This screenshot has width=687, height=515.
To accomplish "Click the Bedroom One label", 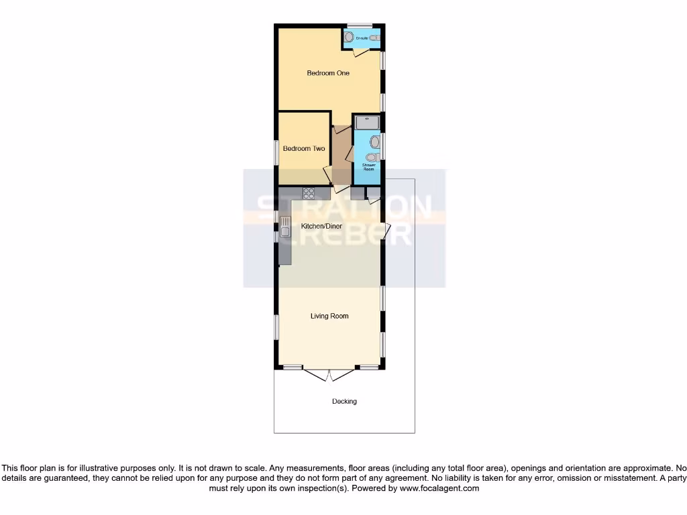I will click(x=328, y=73).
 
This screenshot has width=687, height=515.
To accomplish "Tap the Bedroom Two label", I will click(x=304, y=148).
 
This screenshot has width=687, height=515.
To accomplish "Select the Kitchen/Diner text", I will click(x=321, y=226).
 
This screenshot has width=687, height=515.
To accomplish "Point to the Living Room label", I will click(x=329, y=316).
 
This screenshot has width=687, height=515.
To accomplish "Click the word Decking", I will click(x=344, y=402).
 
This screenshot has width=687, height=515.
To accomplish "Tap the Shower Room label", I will click(x=368, y=167).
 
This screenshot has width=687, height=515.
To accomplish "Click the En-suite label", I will click(x=362, y=38).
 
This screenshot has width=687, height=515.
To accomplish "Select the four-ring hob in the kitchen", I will click(x=309, y=193).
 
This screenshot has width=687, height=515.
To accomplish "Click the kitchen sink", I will click(x=284, y=232).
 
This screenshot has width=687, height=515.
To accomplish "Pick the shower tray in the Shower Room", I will click(x=367, y=122).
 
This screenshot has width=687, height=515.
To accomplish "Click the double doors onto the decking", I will click(x=329, y=374).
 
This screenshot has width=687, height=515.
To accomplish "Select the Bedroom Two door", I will click(x=327, y=176).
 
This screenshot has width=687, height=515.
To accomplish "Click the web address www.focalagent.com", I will click(x=440, y=489).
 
